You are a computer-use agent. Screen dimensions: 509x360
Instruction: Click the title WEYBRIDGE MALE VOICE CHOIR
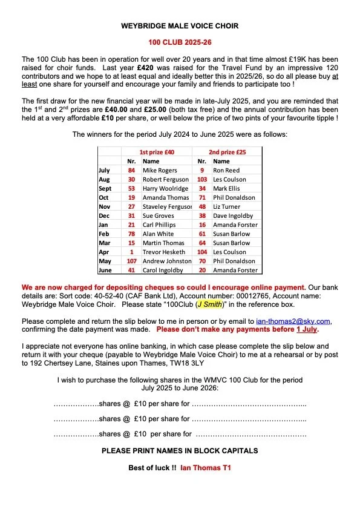(180, 26)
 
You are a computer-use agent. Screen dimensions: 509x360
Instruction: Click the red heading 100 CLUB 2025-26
(180, 43)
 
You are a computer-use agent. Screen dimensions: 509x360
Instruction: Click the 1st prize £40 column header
(157, 152)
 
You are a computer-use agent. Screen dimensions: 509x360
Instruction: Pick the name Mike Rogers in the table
(158, 171)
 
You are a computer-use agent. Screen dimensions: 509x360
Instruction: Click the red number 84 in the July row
(131, 171)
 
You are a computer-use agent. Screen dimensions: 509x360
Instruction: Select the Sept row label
(105, 189)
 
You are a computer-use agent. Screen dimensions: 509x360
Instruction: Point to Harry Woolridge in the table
(166, 189)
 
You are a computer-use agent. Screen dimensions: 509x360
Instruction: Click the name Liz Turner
(227, 206)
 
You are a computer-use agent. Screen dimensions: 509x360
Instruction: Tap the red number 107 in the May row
(131, 261)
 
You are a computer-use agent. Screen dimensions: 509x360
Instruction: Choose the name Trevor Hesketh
(163, 252)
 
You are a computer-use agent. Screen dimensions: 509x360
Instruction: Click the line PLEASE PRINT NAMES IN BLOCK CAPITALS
(180, 451)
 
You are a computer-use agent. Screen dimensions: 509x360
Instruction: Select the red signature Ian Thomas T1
(206, 468)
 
